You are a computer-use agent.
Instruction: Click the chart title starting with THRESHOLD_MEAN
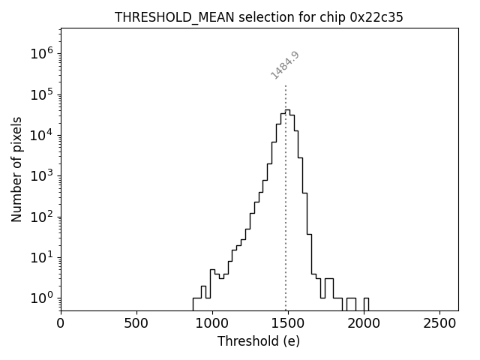pyautogui.click(x=259, y=17)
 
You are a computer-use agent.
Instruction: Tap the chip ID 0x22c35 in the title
pyautogui.click(x=376, y=17)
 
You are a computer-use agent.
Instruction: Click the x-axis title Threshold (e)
pyautogui.click(x=259, y=341)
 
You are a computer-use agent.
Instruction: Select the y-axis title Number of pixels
pyautogui.click(x=17, y=169)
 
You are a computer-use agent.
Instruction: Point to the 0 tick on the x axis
pyautogui.click(x=61, y=323)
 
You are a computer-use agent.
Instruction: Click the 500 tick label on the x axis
pyautogui.click(x=136, y=323)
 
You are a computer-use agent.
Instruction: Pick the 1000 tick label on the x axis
pyautogui.click(x=212, y=323)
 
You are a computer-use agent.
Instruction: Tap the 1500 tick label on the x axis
pyautogui.click(x=288, y=323)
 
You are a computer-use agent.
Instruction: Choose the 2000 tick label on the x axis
pyautogui.click(x=364, y=323)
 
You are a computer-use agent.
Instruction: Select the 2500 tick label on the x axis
pyautogui.click(x=439, y=323)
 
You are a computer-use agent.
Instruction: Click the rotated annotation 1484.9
pyautogui.click(x=285, y=65)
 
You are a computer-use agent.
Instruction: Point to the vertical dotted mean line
pyautogui.click(x=286, y=225)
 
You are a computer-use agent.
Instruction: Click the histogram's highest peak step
pyautogui.click(x=287, y=110)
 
